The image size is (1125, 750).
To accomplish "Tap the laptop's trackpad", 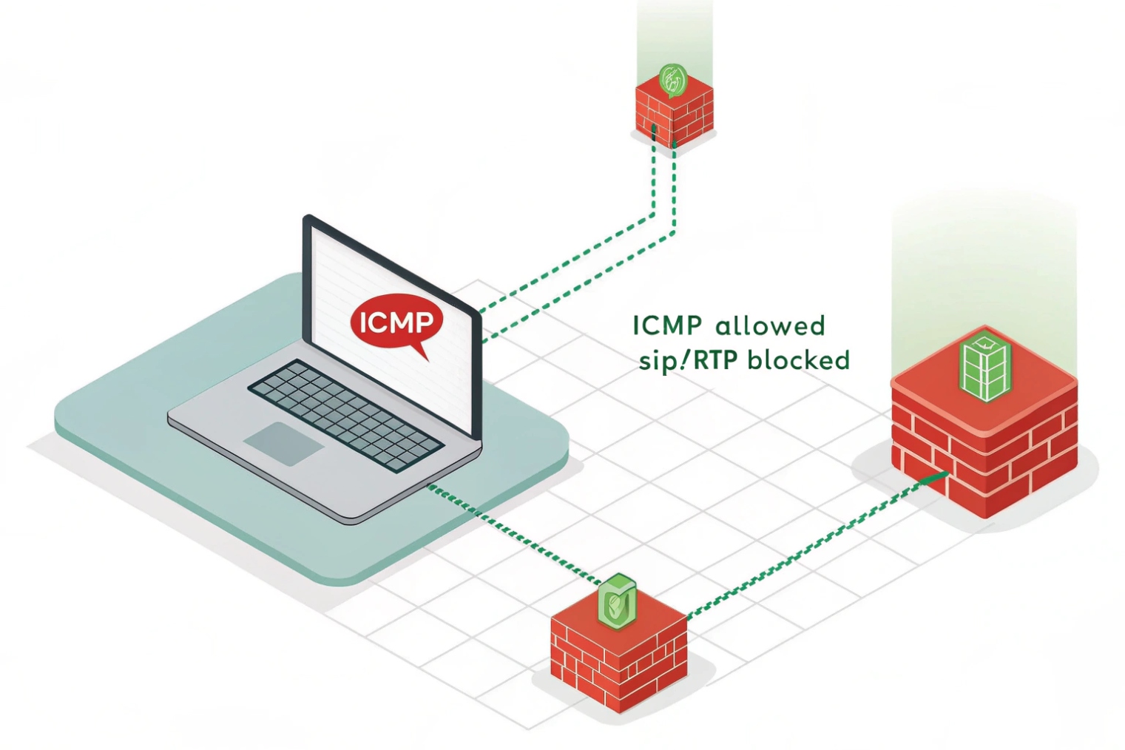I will (x=284, y=443).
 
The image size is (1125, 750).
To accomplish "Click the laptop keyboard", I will (x=345, y=414).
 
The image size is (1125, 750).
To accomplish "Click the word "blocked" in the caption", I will (x=798, y=360).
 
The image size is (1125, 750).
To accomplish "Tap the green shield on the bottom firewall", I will (x=617, y=599).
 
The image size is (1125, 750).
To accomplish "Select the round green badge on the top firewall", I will (x=672, y=79).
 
